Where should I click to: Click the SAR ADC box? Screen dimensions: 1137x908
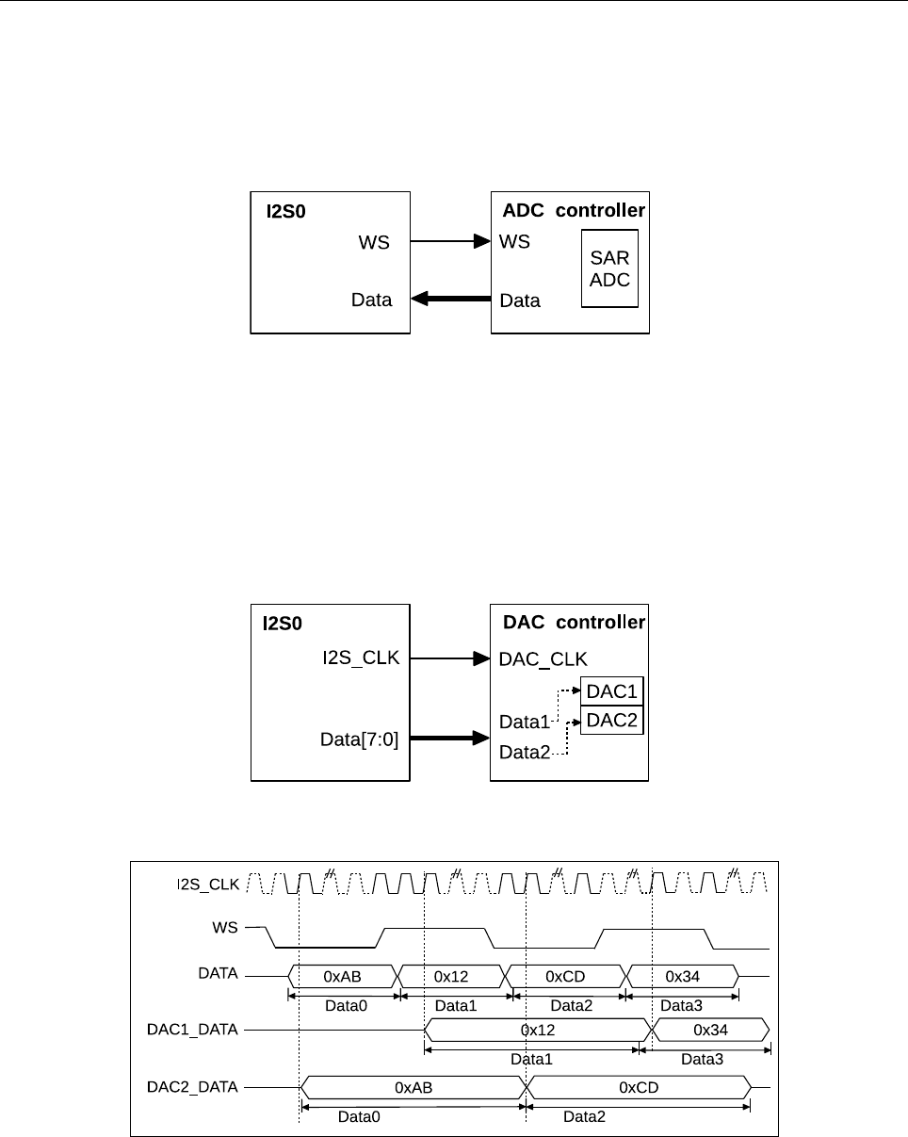pyautogui.click(x=609, y=268)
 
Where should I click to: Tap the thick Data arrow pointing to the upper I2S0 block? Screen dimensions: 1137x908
pyautogui.click(x=451, y=300)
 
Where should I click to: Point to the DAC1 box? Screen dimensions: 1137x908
pyautogui.click(x=612, y=691)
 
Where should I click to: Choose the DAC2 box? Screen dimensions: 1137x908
pyautogui.click(x=612, y=721)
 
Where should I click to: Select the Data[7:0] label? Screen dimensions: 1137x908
pyautogui.click(x=360, y=740)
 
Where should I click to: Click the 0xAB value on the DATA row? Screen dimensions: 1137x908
pyautogui.click(x=343, y=974)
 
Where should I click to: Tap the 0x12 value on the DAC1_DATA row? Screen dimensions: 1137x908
pyautogui.click(x=532, y=1030)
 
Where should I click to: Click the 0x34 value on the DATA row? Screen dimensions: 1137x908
pyautogui.click(x=681, y=974)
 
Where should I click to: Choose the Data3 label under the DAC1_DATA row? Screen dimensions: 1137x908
pyautogui.click(x=702, y=1060)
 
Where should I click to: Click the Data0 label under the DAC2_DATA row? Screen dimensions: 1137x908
pyautogui.click(x=360, y=1117)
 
